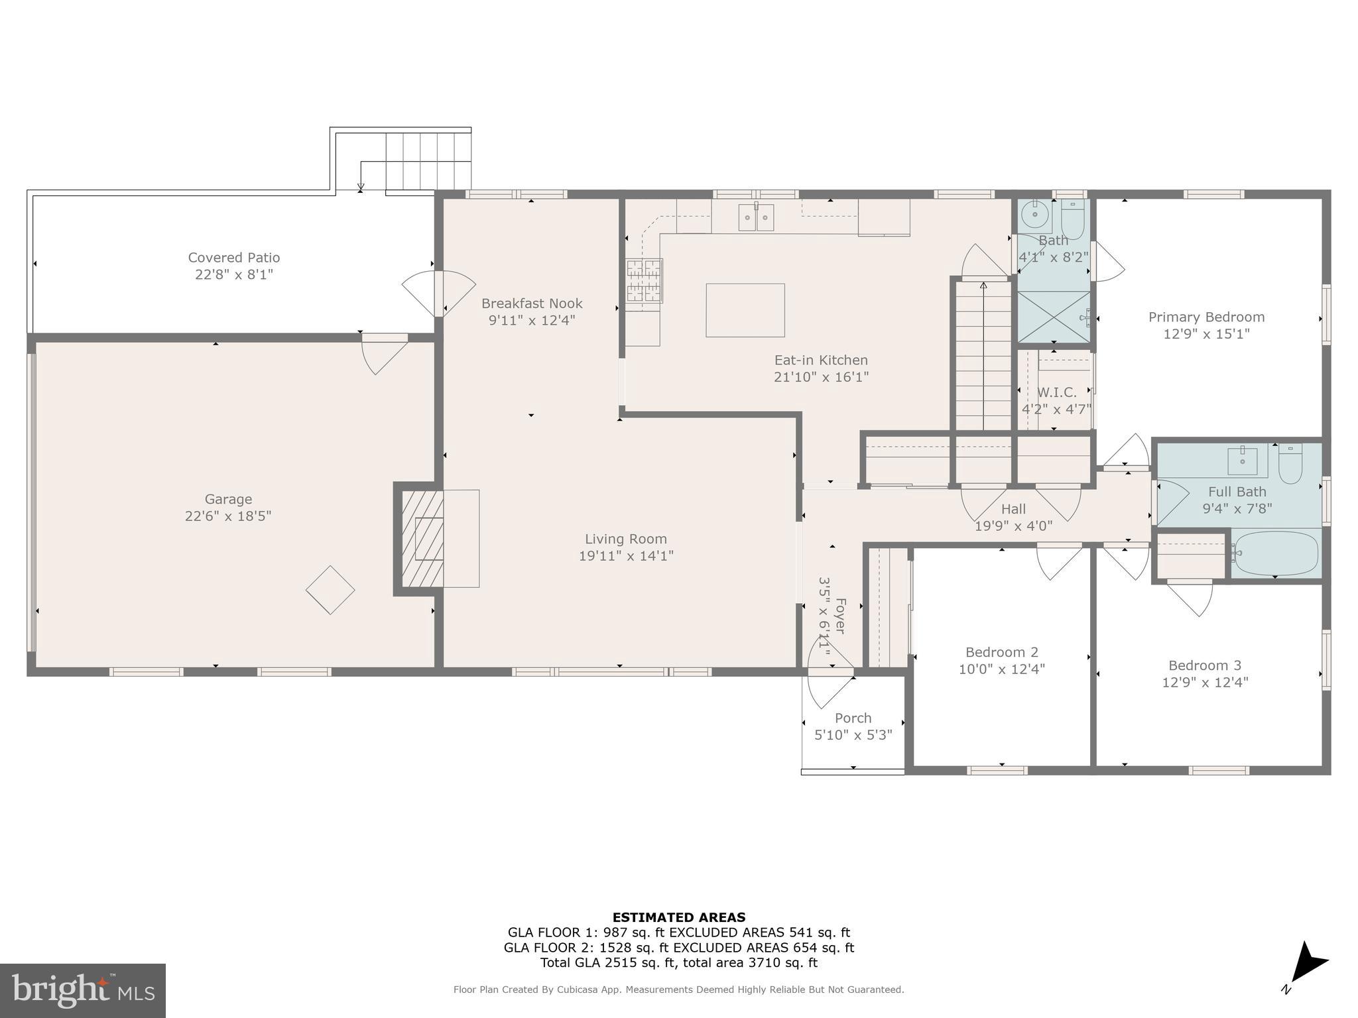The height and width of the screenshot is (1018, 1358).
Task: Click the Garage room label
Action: (x=228, y=499)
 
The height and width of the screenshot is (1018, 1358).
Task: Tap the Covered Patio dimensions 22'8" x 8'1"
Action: (x=233, y=274)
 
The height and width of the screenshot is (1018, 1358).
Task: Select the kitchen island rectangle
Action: (x=745, y=310)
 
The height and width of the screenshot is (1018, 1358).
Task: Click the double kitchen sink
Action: (x=756, y=217)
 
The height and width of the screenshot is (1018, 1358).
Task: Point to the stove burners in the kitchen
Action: (x=645, y=280)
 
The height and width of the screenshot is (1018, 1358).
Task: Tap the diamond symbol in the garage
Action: (x=330, y=590)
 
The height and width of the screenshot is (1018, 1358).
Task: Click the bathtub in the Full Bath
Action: (x=1275, y=553)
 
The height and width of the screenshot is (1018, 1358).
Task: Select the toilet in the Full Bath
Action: (x=1290, y=463)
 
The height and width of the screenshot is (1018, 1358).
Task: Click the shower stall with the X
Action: (x=1054, y=317)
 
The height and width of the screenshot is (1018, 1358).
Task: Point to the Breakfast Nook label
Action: (x=532, y=304)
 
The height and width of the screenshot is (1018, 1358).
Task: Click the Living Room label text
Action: (x=625, y=539)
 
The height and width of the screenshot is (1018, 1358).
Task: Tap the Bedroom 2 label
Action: (x=1001, y=652)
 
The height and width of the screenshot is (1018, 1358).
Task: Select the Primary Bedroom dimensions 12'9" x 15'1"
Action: (x=1206, y=334)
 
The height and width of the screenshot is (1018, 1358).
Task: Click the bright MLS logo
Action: (x=83, y=990)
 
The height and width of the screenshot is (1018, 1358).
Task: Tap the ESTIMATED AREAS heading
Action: (x=678, y=917)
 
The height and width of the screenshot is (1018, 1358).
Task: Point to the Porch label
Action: (x=853, y=718)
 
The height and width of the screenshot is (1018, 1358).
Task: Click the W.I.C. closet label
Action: (x=1056, y=392)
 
